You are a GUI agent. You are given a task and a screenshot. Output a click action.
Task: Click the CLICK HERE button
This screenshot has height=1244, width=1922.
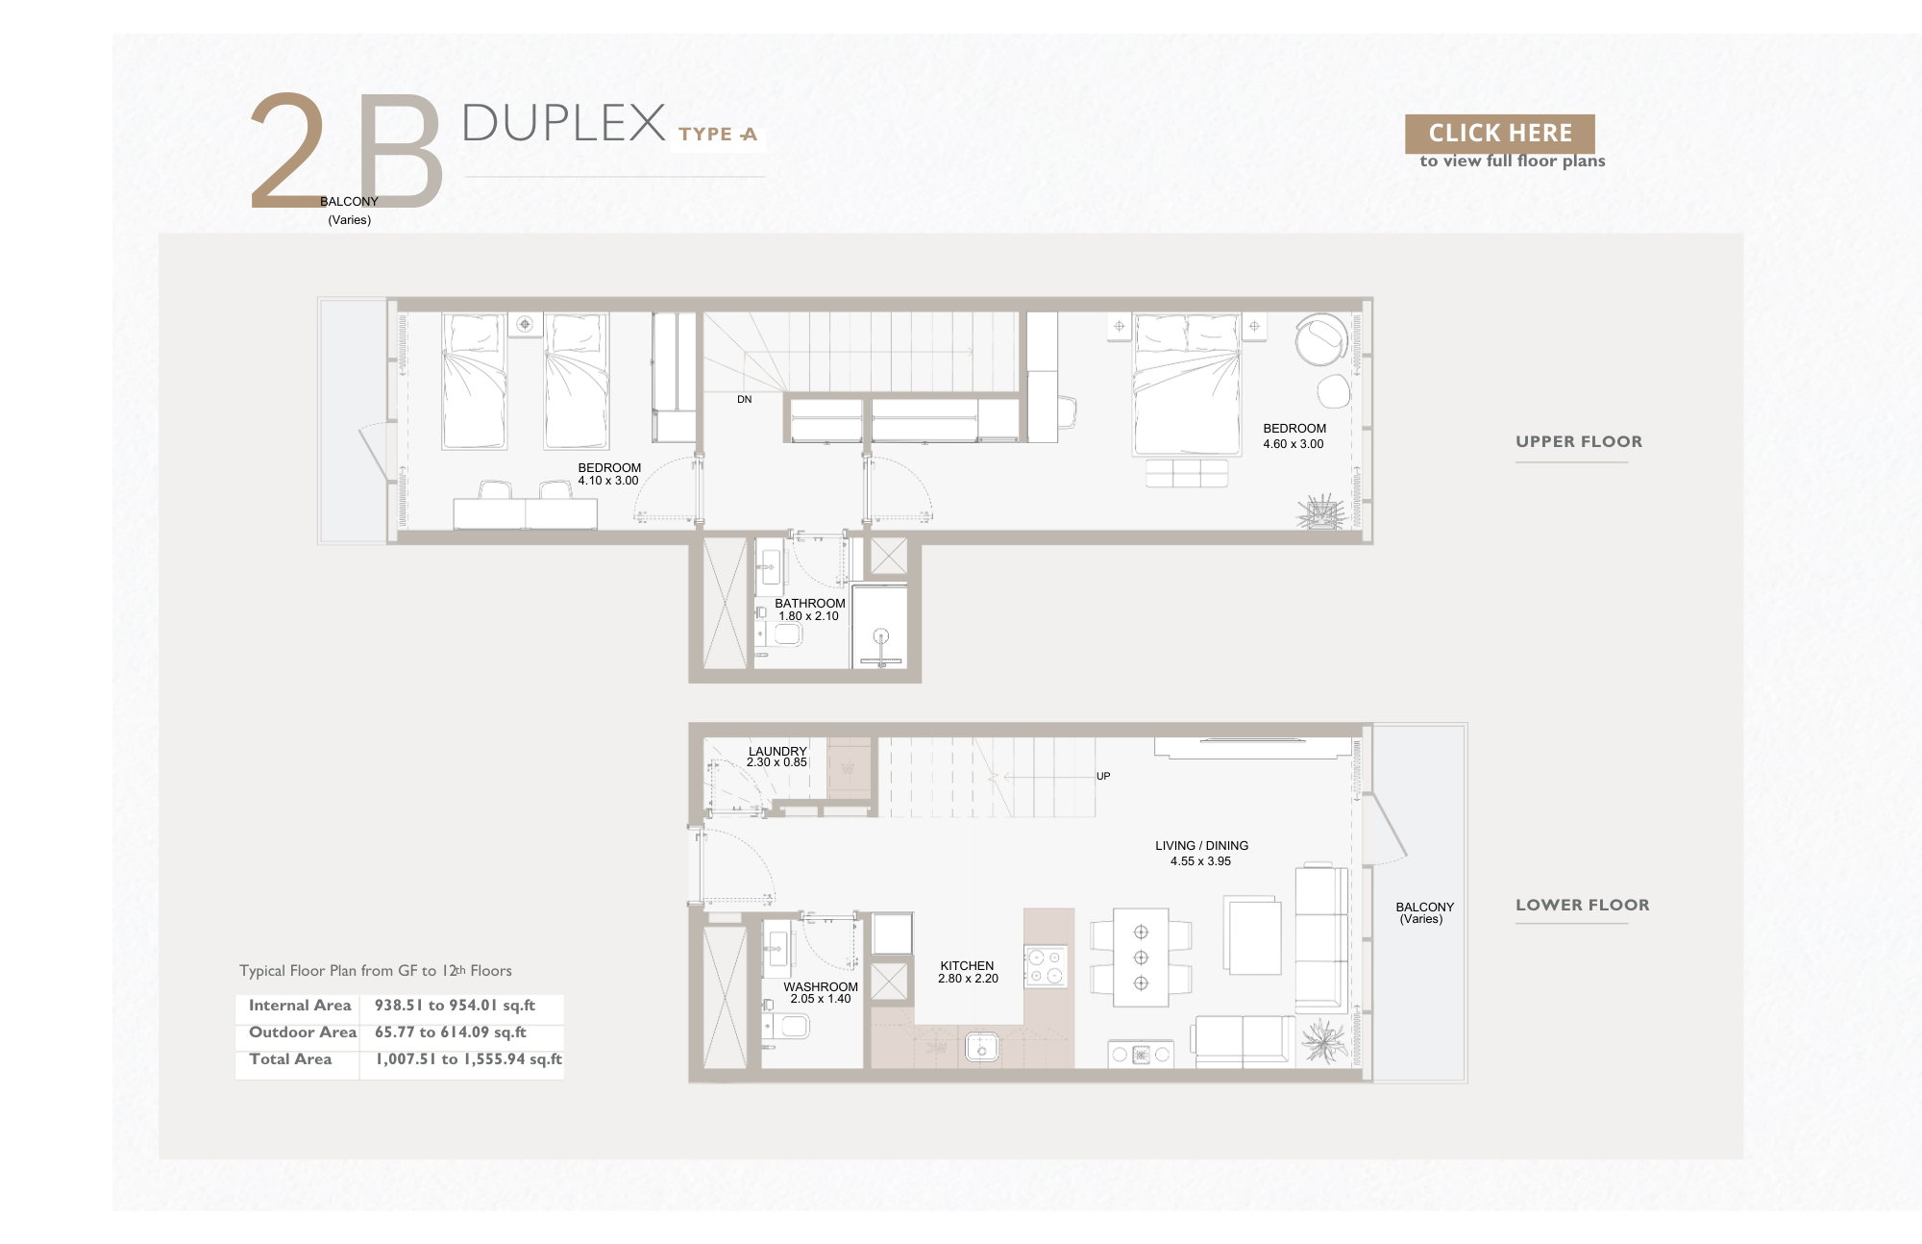pyautogui.click(x=1499, y=134)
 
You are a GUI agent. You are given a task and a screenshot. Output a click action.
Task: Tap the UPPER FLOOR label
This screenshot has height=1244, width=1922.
pyautogui.click(x=1579, y=442)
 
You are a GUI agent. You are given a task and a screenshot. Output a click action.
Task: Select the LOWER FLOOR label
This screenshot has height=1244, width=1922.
pyautogui.click(x=1582, y=905)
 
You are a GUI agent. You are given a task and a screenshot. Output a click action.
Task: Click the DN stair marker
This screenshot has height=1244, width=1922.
pyautogui.click(x=744, y=399)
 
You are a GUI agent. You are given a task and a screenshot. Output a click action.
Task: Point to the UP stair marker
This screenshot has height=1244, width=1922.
pyautogui.click(x=1103, y=776)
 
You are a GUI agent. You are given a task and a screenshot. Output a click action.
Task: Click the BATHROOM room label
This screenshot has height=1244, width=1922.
pyautogui.click(x=810, y=604)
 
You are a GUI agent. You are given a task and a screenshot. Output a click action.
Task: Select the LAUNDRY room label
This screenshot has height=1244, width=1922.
pyautogui.click(x=777, y=751)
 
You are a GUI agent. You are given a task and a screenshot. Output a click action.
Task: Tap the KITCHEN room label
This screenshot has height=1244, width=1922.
pyautogui.click(x=967, y=966)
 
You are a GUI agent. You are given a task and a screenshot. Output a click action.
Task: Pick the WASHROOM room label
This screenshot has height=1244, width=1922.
pyautogui.click(x=821, y=987)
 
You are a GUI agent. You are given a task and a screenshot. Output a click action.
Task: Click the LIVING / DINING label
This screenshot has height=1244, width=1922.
pyautogui.click(x=1201, y=846)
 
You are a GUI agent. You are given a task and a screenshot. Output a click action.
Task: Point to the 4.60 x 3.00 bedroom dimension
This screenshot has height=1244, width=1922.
pyautogui.click(x=1293, y=444)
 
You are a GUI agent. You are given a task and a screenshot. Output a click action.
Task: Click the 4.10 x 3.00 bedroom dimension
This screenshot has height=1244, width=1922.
pyautogui.click(x=607, y=481)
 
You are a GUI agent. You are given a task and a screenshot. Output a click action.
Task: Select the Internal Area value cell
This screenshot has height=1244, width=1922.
pyautogui.click(x=455, y=1006)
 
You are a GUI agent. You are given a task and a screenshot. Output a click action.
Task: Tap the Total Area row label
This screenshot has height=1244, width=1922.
pyautogui.click(x=290, y=1059)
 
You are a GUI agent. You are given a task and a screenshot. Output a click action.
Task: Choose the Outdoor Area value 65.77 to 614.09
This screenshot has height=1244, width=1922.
pyautogui.click(x=451, y=1033)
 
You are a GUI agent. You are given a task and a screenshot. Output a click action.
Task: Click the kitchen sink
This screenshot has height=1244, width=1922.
pyautogui.click(x=981, y=1047)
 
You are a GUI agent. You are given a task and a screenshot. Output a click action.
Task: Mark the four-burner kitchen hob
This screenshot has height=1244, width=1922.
pyautogui.click(x=1046, y=967)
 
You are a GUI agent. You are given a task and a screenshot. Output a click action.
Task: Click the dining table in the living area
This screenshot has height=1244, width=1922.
pyautogui.click(x=1141, y=958)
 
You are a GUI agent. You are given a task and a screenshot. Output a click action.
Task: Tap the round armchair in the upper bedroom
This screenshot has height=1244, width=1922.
pyautogui.click(x=1321, y=339)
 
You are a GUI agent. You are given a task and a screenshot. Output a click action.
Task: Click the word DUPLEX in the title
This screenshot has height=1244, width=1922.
pyautogui.click(x=564, y=123)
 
